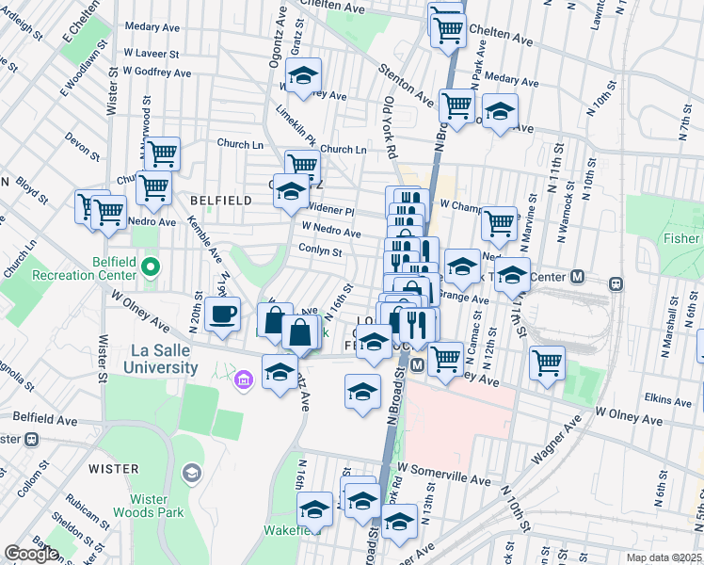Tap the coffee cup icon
[222, 315]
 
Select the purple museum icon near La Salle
[244, 379]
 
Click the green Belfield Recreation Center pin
[150, 270]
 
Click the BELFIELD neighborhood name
[220, 201]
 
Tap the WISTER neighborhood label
[114, 468]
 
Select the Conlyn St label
[321, 251]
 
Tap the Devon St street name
[83, 146]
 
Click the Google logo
[31, 554]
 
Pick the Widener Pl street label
[329, 212]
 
